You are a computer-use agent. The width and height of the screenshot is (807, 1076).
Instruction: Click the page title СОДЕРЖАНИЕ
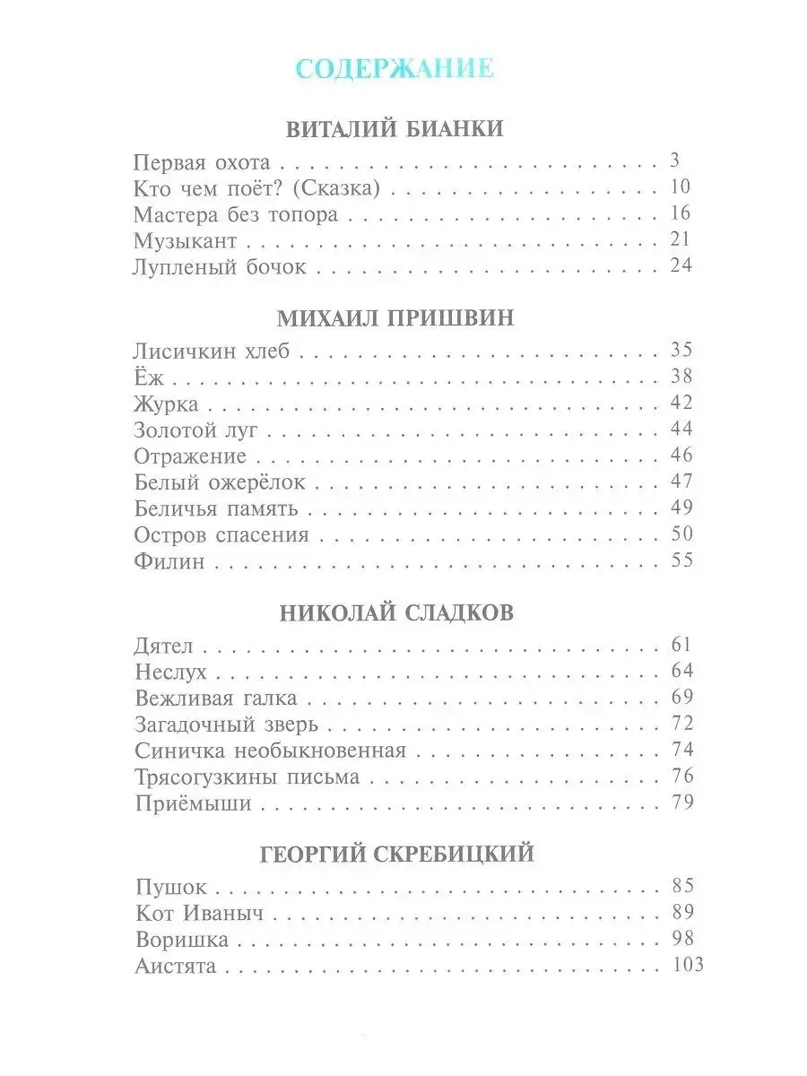[x=395, y=69]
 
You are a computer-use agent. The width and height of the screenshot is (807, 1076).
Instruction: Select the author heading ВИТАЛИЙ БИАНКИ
[x=395, y=129]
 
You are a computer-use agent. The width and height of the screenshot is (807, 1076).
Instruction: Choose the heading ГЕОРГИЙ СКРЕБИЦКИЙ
[x=396, y=854]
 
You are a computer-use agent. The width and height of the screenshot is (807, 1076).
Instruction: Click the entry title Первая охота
[x=201, y=163]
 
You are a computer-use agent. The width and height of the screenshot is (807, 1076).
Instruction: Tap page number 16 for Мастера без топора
[x=681, y=214]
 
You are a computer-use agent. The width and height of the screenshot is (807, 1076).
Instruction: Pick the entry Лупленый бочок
[x=220, y=266]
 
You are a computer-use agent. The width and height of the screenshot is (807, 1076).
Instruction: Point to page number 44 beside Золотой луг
[x=681, y=430]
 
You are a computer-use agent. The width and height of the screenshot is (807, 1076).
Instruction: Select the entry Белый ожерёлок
[x=220, y=482]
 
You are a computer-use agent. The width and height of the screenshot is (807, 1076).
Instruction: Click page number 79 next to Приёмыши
[x=681, y=803]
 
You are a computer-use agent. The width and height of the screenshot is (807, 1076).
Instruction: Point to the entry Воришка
[x=182, y=940]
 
